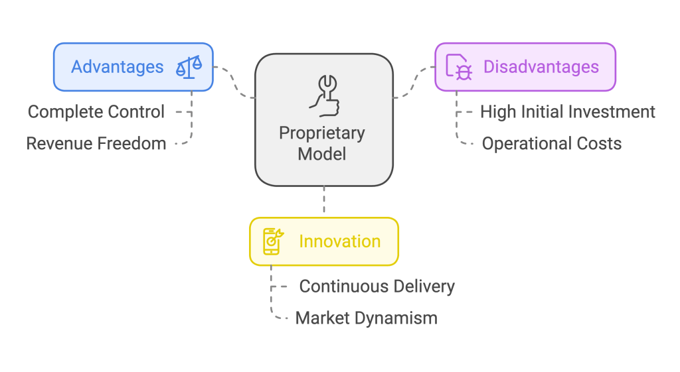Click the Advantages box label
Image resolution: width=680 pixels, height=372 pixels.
click(117, 67)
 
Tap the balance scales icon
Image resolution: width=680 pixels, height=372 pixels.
click(189, 67)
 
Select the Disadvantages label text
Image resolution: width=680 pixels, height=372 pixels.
click(541, 67)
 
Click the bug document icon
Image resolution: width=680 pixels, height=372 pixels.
click(459, 68)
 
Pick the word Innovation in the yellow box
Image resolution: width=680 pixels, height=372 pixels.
click(339, 241)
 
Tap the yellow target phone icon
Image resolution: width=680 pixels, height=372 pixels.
click(273, 241)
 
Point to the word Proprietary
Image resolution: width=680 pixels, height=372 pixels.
click(322, 133)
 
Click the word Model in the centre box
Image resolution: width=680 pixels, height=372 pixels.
click(322, 154)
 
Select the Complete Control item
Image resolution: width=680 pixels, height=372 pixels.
click(96, 111)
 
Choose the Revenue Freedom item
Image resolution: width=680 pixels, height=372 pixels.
click(96, 143)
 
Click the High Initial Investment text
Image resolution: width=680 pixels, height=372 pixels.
click(568, 111)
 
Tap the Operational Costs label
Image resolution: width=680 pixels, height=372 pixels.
click(552, 143)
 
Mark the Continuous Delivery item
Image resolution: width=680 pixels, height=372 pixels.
click(377, 286)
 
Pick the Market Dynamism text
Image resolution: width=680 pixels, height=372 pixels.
click(367, 318)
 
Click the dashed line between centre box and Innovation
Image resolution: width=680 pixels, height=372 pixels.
click(324, 201)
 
